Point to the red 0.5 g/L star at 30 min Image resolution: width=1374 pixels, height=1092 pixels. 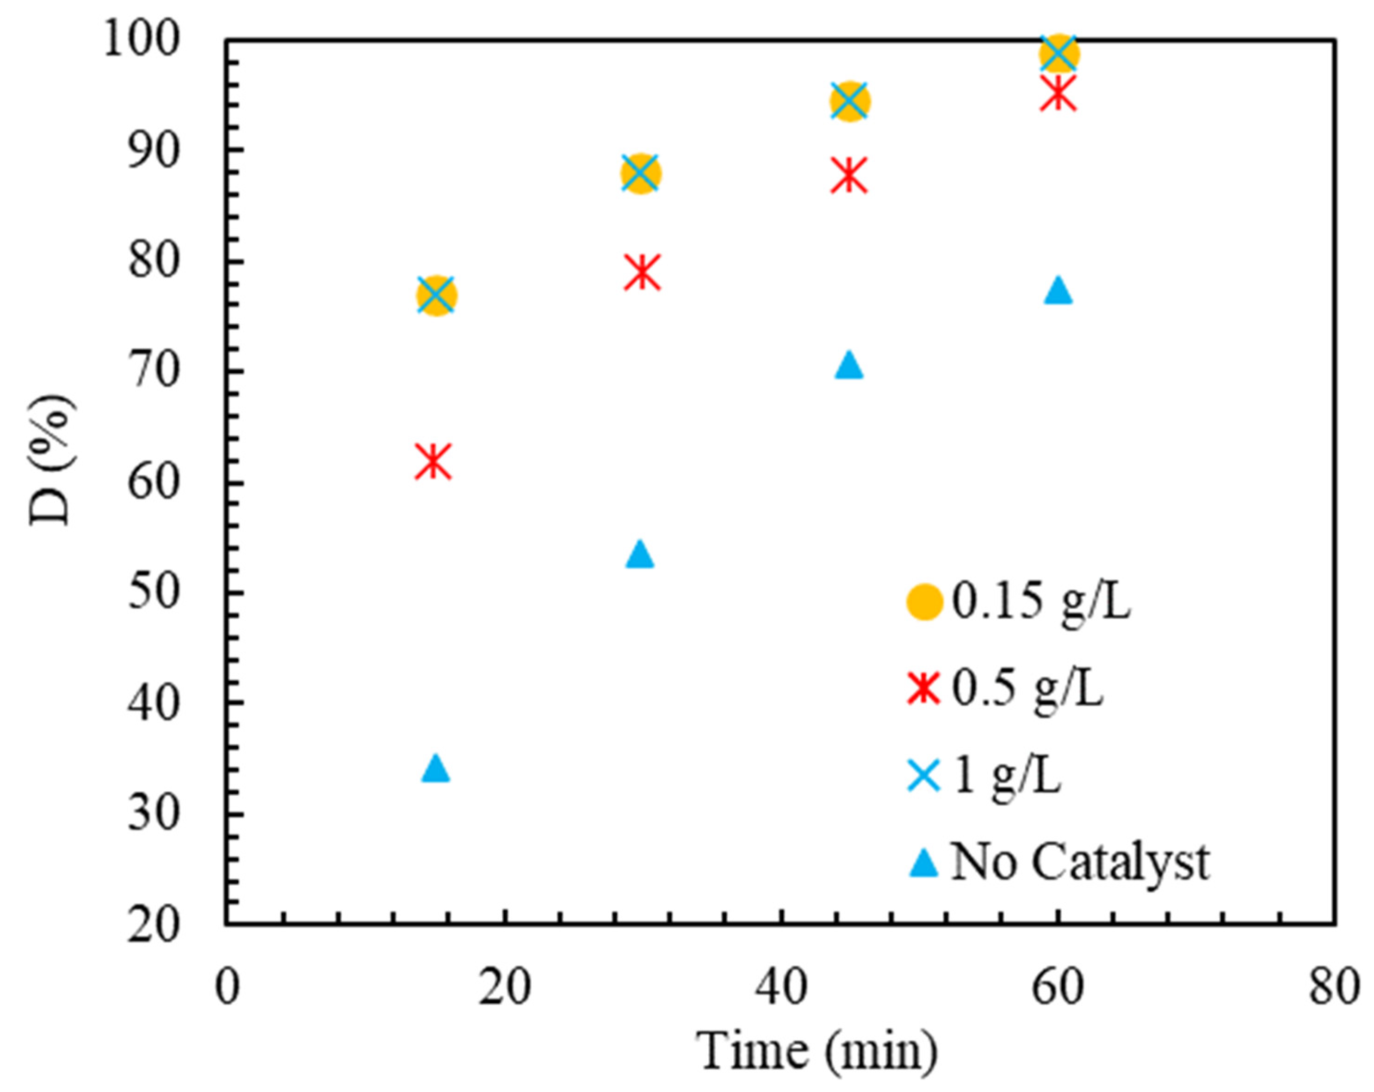click(x=642, y=272)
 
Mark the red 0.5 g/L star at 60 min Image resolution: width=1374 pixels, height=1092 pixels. click(x=1058, y=93)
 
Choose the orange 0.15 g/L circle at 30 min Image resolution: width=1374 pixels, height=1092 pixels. click(x=641, y=173)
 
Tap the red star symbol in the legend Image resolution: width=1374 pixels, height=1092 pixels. click(x=924, y=689)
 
